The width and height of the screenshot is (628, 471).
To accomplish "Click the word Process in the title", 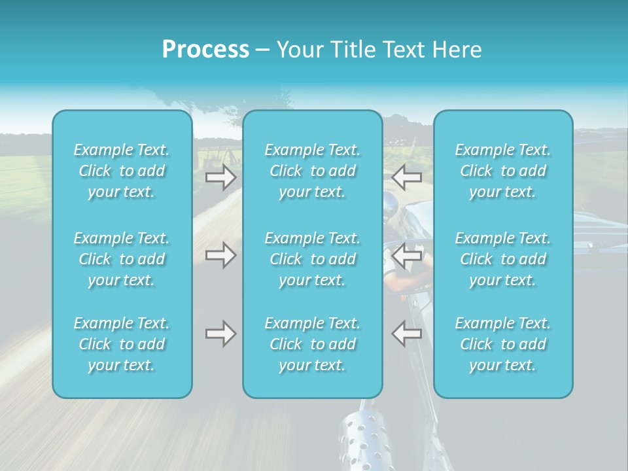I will click(x=205, y=50).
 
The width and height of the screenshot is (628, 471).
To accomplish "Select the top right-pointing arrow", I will click(x=220, y=177).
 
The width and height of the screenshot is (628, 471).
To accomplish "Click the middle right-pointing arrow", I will click(x=220, y=255).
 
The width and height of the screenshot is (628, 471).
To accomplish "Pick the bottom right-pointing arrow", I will click(x=220, y=334).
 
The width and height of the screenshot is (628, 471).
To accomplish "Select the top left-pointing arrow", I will click(x=407, y=177).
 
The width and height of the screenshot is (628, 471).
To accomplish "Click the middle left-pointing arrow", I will click(x=407, y=255).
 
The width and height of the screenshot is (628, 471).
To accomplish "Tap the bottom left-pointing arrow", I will click(x=407, y=334).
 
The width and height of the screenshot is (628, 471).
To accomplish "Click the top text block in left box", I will click(x=122, y=171).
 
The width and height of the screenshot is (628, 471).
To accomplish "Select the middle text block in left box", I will click(x=122, y=259).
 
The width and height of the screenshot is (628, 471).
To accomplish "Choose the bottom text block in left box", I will click(x=122, y=344).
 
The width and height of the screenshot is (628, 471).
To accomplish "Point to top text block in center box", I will click(x=313, y=171).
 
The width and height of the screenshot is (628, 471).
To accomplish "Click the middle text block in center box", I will click(x=313, y=259).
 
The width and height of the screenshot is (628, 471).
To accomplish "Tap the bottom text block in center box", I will click(x=313, y=344).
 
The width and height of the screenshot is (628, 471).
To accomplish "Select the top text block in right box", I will click(x=503, y=171).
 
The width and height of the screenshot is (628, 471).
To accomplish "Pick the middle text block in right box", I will click(x=503, y=259).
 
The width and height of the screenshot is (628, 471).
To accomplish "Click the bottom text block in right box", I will click(x=503, y=344).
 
